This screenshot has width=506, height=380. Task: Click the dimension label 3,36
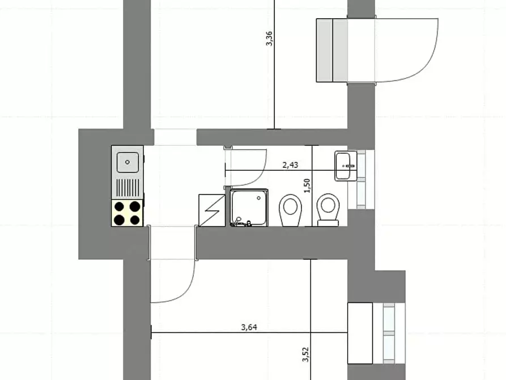pos(269,38)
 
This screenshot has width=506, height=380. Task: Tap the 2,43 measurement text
pos(290,165)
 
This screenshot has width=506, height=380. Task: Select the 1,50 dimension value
pos(307,186)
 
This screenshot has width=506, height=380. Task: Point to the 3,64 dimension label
pos(249,327)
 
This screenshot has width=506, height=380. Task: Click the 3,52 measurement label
pos(305,354)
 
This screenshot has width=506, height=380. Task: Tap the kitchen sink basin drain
pos(127,162)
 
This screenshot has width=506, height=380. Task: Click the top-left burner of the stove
pos(120,206)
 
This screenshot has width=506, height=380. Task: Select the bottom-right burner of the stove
pos(135,220)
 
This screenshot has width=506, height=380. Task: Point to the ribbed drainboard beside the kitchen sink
pos(127,188)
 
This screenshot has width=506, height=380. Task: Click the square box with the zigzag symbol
pos(212,210)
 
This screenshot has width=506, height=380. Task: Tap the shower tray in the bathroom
pos(249,208)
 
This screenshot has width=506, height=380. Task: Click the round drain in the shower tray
pos(259,198)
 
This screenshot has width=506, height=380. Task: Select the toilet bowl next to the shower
pos(291,210)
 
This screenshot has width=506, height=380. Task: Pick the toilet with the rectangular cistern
pos(328,210)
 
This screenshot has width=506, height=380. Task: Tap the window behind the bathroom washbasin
pos(361,179)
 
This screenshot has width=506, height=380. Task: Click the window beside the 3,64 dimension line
pos(389,333)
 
